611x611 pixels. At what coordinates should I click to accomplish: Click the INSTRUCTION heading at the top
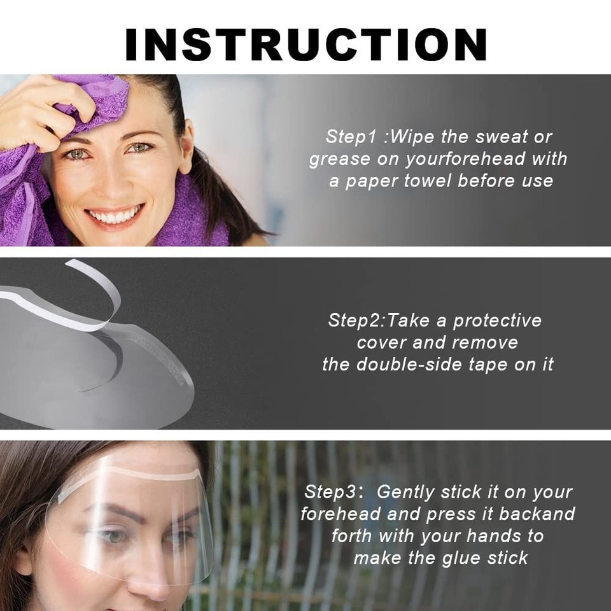pos(305,45)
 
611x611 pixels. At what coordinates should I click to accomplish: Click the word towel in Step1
pos(428,181)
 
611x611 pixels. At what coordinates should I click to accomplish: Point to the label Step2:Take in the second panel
pos(379,320)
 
